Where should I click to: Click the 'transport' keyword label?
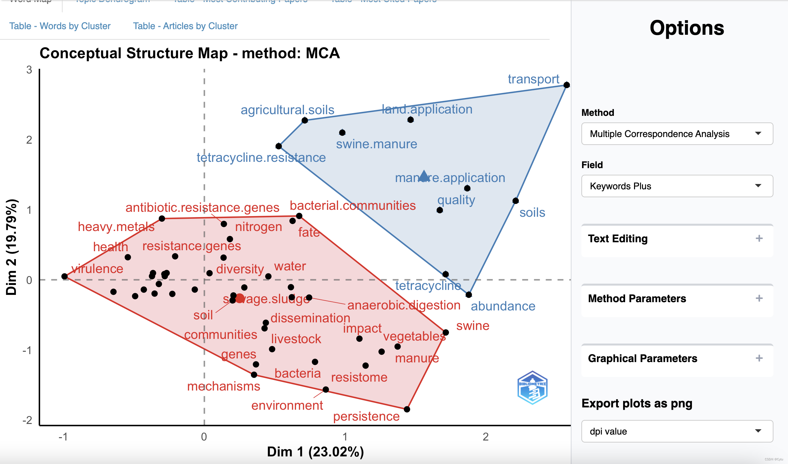coord(533,79)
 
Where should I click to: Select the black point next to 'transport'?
coord(566,85)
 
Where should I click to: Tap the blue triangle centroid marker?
coord(424,176)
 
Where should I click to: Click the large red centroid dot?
coord(240,299)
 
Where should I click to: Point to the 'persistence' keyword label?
coord(366,416)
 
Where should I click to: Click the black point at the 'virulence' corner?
coord(65,276)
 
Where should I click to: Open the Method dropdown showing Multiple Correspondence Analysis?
coord(677,134)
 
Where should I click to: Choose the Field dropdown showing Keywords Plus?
coord(677,186)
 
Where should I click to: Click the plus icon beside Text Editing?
coord(759,239)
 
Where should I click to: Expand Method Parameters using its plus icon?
coord(759,299)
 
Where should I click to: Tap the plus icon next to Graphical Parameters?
coord(759,358)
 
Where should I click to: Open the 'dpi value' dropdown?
coord(677,431)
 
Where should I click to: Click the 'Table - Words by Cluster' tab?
coord(60,26)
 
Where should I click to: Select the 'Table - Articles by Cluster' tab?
coord(185,26)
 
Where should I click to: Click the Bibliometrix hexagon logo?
coord(532,388)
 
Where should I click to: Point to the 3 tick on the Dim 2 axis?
coord(29,70)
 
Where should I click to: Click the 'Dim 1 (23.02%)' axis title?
coord(315,452)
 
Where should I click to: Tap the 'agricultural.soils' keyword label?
coord(287,110)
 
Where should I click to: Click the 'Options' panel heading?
coord(687,28)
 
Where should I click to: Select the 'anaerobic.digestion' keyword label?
coord(404,305)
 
